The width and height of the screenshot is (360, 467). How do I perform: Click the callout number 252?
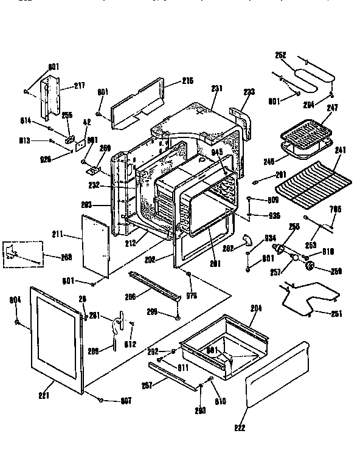pos(280,54)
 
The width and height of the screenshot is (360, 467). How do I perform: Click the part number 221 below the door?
pos(44,396)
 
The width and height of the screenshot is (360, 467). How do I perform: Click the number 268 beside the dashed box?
pos(67,257)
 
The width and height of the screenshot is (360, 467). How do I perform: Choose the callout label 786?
pos(335,209)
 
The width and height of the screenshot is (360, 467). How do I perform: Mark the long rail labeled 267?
pos(174,375)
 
